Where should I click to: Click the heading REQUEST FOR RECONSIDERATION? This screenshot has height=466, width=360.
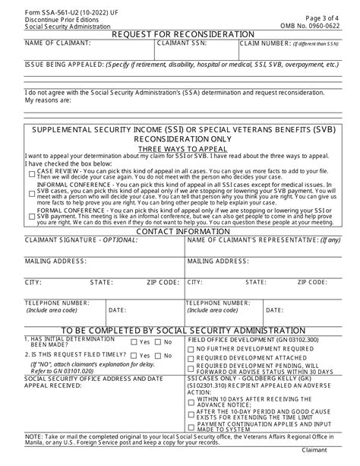(183, 34)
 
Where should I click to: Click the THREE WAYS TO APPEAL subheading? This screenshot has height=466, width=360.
(183, 150)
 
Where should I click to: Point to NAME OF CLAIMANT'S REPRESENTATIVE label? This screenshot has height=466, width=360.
(264, 239)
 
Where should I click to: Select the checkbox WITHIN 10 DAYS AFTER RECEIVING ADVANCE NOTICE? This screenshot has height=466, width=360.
(191, 400)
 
